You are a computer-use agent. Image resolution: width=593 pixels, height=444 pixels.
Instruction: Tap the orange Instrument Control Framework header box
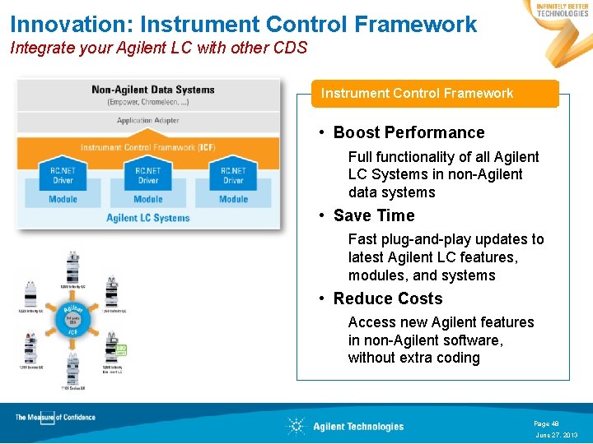(x=417, y=94)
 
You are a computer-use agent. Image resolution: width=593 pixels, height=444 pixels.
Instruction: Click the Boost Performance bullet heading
(x=409, y=133)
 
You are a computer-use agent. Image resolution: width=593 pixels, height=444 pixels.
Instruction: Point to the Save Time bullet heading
(x=374, y=216)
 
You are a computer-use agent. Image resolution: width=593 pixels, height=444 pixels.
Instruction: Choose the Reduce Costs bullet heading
(x=388, y=299)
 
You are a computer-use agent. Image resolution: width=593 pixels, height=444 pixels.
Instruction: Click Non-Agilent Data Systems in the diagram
(x=153, y=90)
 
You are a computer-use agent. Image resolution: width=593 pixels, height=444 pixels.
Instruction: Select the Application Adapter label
(x=148, y=121)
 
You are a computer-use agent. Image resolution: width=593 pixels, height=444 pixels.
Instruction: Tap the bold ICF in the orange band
(x=208, y=148)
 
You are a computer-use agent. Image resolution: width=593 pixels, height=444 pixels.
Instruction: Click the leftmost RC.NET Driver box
(x=63, y=175)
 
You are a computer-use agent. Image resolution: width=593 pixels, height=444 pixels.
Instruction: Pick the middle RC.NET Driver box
(x=148, y=175)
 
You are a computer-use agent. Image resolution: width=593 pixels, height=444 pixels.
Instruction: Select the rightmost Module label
(x=234, y=199)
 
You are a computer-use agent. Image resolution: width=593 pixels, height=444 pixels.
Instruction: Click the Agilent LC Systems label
(x=148, y=218)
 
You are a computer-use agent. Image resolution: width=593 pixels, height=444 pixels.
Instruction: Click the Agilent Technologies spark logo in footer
(x=296, y=426)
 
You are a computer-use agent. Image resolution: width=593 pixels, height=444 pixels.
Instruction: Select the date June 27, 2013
(x=557, y=435)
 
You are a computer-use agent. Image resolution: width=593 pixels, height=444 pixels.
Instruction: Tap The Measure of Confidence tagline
(x=55, y=418)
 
